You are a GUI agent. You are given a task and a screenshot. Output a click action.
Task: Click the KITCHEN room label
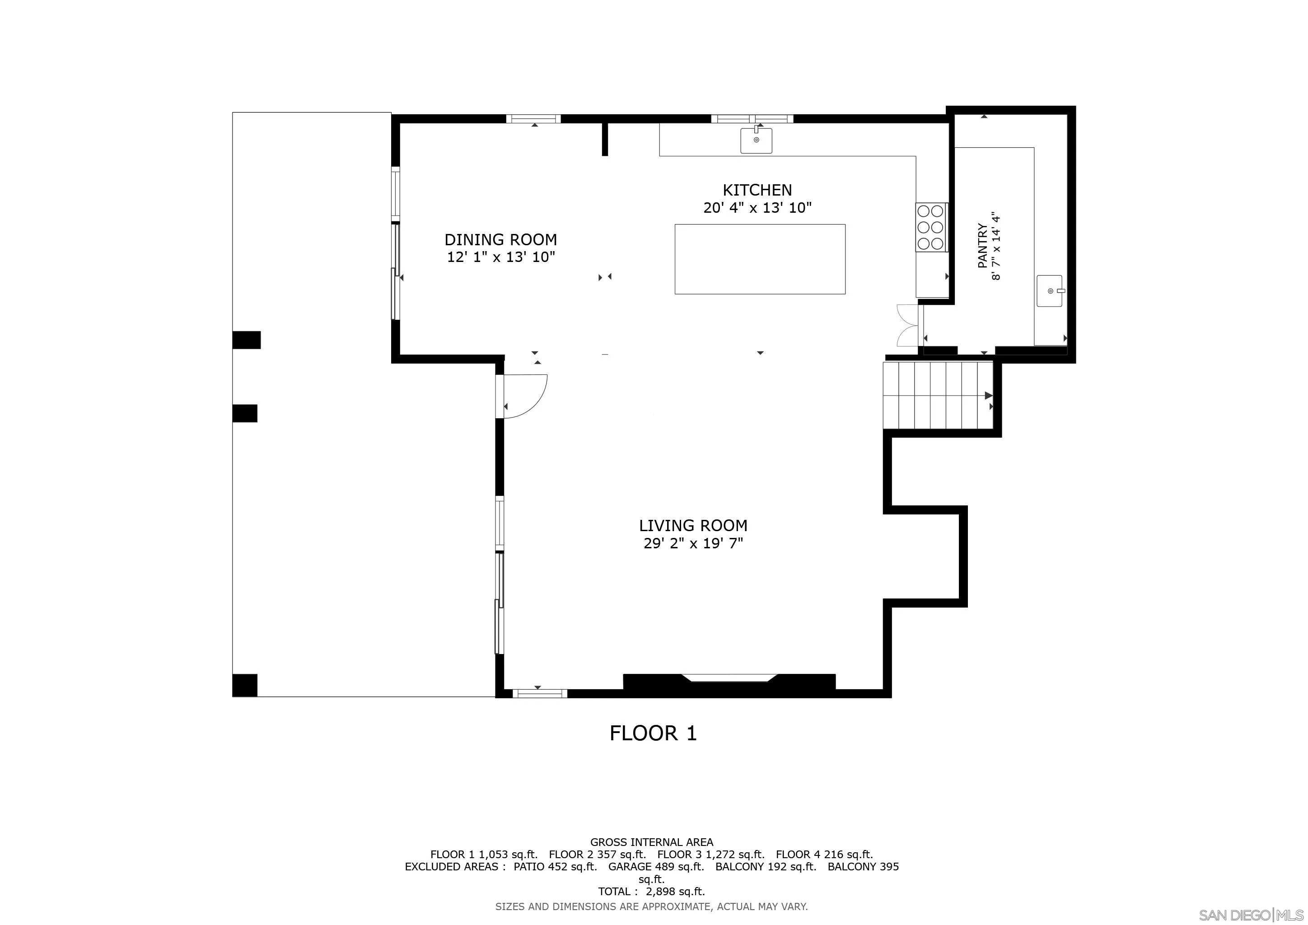[x=757, y=190]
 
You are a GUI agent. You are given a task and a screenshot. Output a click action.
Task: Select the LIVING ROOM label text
[x=693, y=525]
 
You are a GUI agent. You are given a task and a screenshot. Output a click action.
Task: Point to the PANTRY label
[x=983, y=246]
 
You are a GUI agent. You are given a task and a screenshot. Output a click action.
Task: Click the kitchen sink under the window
[x=756, y=140]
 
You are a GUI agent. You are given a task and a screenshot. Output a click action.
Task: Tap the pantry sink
[x=1049, y=291]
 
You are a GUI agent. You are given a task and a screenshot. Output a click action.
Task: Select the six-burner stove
[x=931, y=227]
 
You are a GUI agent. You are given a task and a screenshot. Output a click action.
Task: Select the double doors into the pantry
[x=907, y=325]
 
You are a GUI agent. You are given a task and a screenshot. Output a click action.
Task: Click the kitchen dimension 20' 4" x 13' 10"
[x=757, y=208]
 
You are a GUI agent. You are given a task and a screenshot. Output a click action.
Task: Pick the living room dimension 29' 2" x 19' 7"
[x=693, y=543]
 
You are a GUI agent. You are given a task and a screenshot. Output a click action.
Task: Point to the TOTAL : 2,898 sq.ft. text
[x=651, y=892]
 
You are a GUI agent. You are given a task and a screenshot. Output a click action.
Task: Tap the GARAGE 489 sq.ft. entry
[x=656, y=866]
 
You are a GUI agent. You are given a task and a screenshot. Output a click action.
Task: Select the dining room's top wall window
[x=533, y=119]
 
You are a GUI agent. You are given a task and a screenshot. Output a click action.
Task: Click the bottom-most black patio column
[x=244, y=685]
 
